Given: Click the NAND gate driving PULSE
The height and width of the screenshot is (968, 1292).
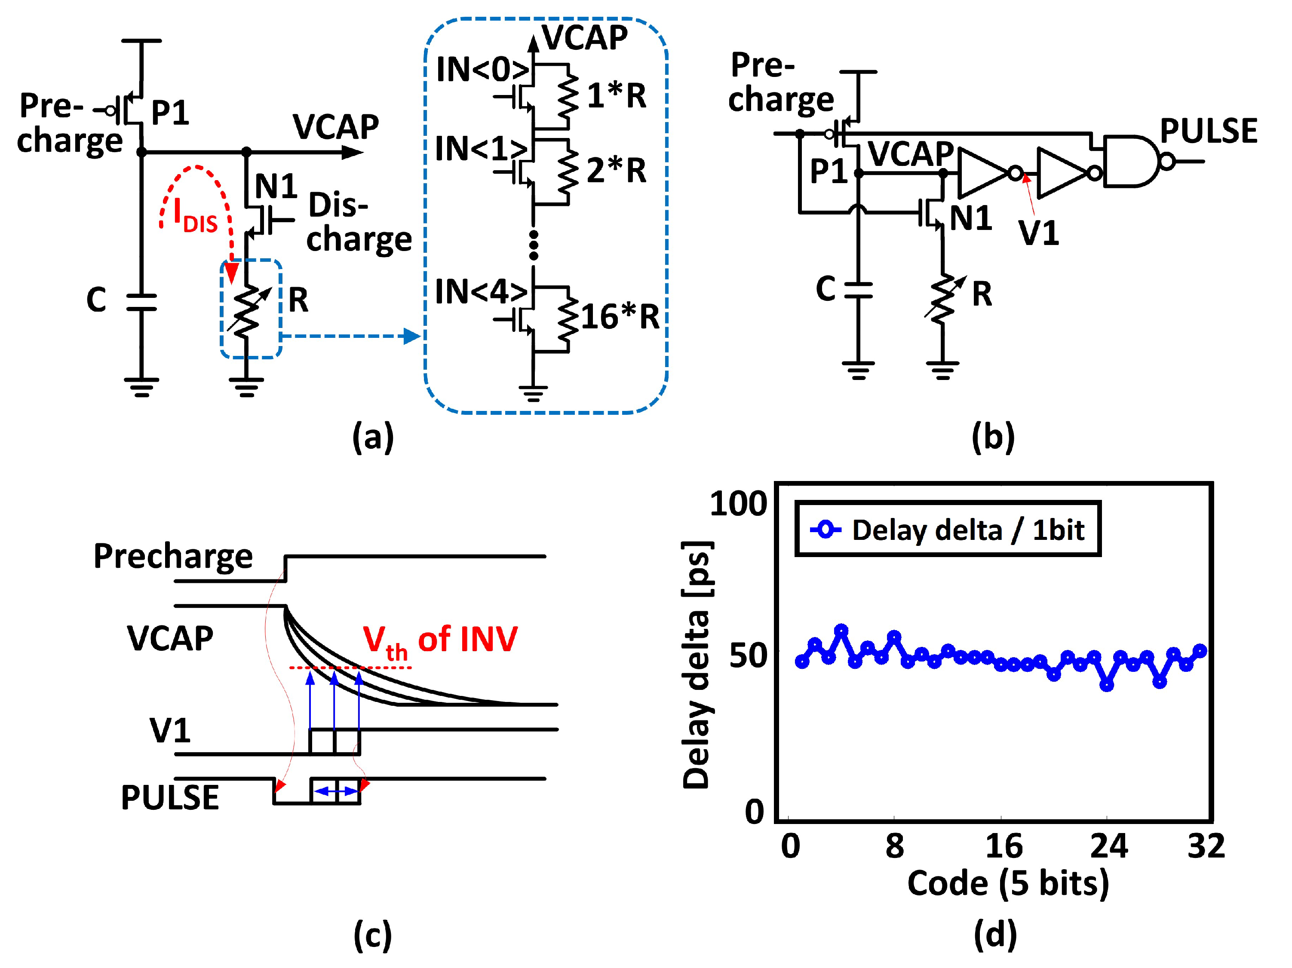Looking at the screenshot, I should click(1130, 161).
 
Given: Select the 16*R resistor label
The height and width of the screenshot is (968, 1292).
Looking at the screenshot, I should click(620, 317).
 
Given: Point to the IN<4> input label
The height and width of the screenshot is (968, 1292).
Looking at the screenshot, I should click(481, 291).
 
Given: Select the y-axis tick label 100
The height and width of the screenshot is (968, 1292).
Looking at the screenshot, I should click(738, 503).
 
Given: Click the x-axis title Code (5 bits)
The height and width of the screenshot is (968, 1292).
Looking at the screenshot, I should click(1007, 883).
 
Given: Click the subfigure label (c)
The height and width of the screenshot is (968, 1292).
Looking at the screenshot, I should click(373, 935).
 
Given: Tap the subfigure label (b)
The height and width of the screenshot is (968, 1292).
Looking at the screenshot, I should click(993, 437).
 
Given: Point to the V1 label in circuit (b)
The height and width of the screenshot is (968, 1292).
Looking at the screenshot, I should click(1038, 233).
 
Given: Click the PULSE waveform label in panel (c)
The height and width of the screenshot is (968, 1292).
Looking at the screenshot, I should click(170, 797).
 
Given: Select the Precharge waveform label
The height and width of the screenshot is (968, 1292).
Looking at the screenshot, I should click(173, 556).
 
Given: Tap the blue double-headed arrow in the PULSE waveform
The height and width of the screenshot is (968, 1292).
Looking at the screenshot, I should click(336, 792).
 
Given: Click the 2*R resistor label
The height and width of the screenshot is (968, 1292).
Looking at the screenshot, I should click(616, 171).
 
